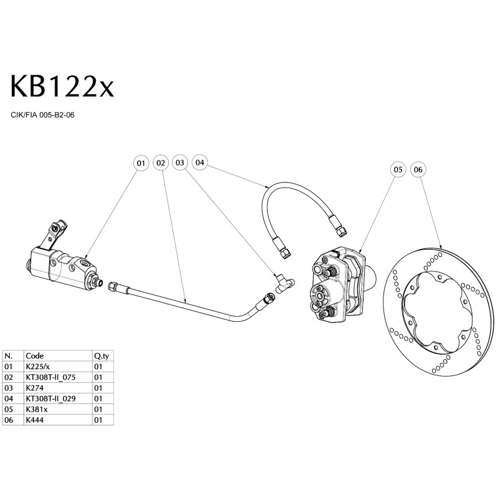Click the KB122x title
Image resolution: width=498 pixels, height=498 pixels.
[x=62, y=87]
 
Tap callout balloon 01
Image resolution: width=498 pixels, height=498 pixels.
[x=141, y=162]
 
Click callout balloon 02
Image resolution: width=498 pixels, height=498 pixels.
[x=161, y=162]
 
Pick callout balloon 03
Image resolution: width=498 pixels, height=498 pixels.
[x=181, y=162]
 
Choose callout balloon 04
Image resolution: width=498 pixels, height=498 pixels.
[x=200, y=162]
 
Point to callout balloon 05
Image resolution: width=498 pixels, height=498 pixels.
[x=398, y=169]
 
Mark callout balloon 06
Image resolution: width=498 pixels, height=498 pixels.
[x=418, y=169]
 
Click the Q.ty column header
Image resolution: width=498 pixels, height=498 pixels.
[x=101, y=356]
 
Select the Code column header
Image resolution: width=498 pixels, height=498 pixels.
[x=35, y=356]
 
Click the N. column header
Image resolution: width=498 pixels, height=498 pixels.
[x=9, y=356]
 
